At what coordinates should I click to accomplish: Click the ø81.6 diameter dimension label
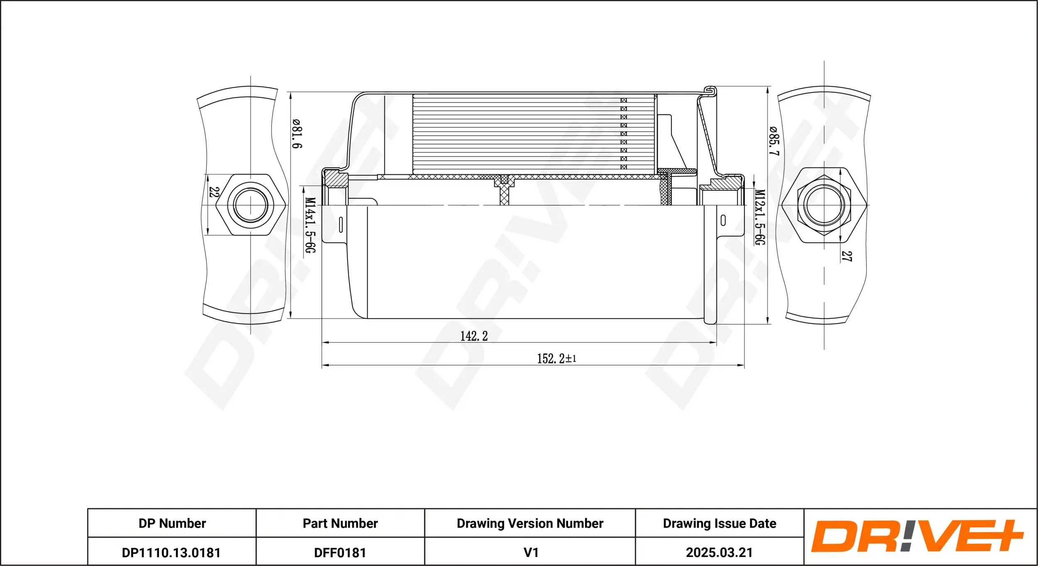click(297, 134)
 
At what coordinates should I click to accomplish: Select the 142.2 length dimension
click(474, 336)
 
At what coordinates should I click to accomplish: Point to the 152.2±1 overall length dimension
click(556, 358)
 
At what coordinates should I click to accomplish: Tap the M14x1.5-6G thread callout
click(310, 225)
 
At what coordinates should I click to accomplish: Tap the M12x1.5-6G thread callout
click(759, 217)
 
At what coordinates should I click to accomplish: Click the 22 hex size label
click(214, 192)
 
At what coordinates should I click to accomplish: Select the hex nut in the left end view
click(250, 205)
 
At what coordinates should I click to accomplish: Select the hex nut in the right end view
click(824, 205)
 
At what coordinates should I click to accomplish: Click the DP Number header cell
click(172, 523)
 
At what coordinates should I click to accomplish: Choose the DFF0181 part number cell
click(340, 552)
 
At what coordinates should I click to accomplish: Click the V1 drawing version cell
click(531, 552)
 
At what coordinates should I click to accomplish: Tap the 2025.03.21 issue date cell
click(719, 552)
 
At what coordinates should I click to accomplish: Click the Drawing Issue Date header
click(719, 523)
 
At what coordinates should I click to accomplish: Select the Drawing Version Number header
click(530, 523)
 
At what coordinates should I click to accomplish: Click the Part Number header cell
click(340, 523)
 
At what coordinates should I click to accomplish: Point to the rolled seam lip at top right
click(711, 91)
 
